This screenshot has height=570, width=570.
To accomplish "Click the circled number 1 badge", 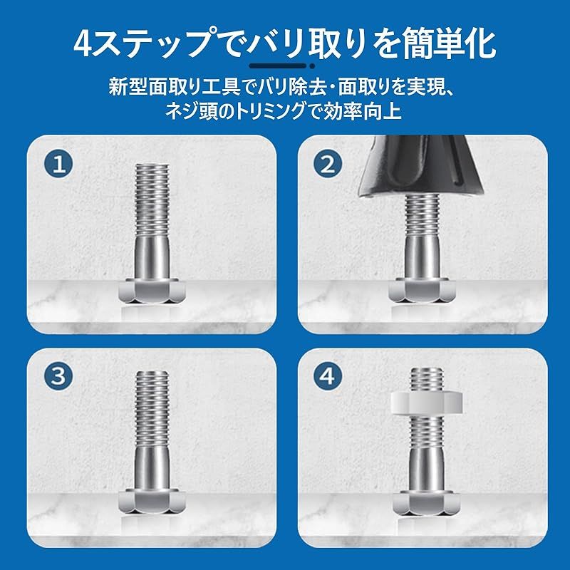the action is click(x=58, y=164).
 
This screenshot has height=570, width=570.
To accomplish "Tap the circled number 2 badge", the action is click(x=328, y=164).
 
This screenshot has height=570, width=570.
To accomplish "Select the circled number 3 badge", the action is click(x=58, y=376).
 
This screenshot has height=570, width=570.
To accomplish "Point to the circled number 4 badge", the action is click(x=328, y=376).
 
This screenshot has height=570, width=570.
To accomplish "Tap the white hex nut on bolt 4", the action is click(x=427, y=403).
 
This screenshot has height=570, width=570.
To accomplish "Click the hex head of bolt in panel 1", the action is click(x=152, y=291).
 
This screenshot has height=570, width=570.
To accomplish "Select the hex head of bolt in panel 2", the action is click(x=422, y=290).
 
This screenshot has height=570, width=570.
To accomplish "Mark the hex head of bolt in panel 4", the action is click(x=427, y=503).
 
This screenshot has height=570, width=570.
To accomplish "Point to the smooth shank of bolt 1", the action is click(x=152, y=257).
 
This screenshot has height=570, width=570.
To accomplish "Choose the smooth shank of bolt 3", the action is click(x=152, y=468).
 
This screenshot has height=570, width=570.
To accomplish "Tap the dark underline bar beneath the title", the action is click(x=278, y=66).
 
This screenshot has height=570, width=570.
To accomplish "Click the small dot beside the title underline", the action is click(x=312, y=66).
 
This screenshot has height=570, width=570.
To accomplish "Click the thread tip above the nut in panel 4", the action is click(x=427, y=379).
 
